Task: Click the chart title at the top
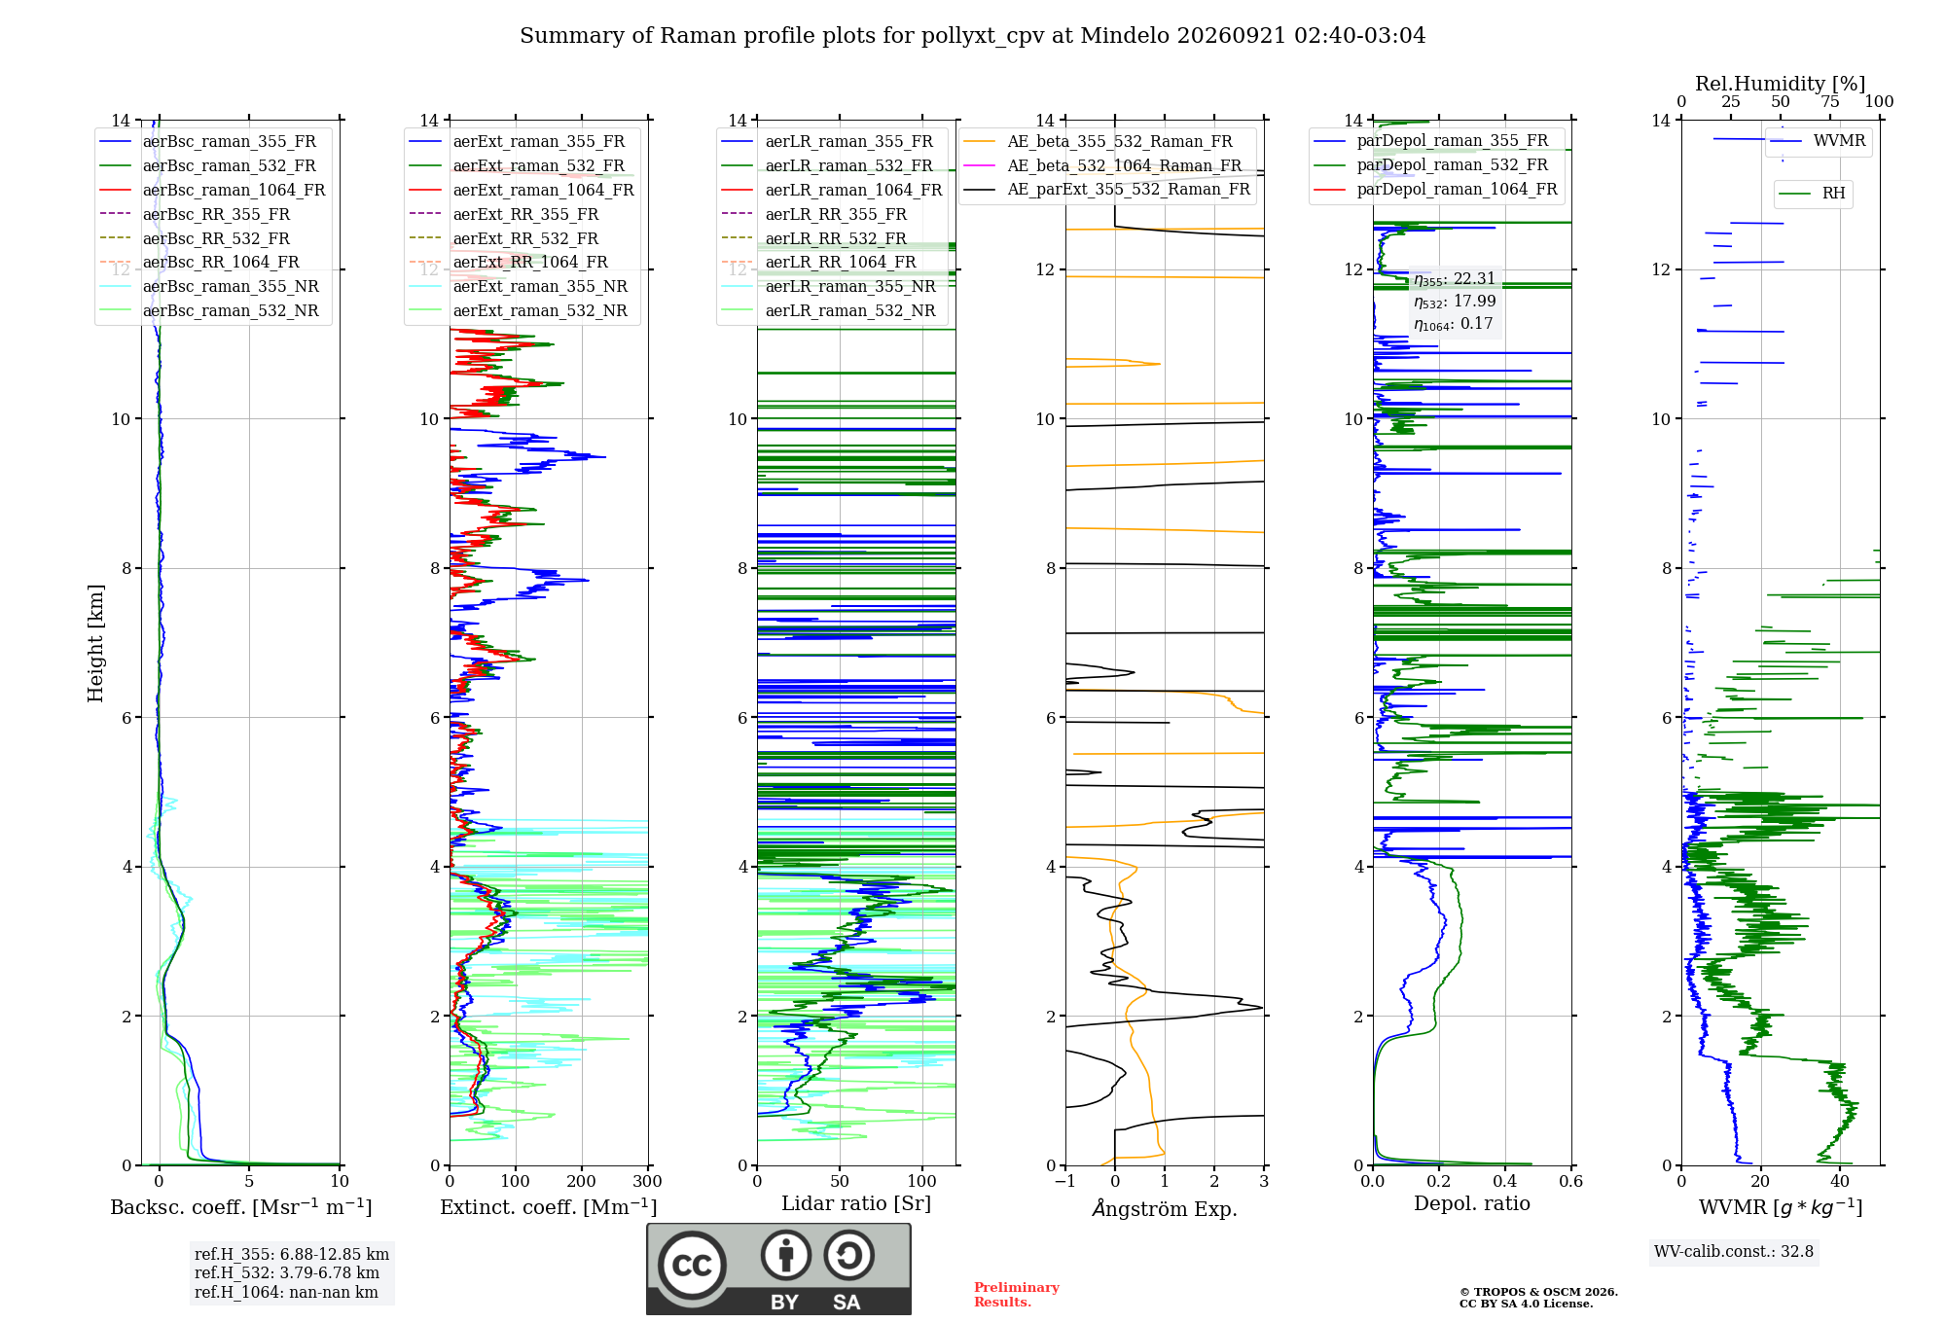(972, 36)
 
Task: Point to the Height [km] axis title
(95, 643)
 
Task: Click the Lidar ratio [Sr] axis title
(856, 1203)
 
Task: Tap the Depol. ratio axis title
(1471, 1203)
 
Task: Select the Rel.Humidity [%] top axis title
(1780, 84)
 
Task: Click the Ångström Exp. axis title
(1165, 1208)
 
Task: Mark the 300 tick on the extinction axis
(647, 1181)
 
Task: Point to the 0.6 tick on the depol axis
(1570, 1181)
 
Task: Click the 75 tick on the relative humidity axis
(1830, 102)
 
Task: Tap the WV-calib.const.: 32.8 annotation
(1734, 1251)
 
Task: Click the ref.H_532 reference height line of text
(287, 1272)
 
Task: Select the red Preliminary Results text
(1017, 1295)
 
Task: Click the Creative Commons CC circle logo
(692, 1265)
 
